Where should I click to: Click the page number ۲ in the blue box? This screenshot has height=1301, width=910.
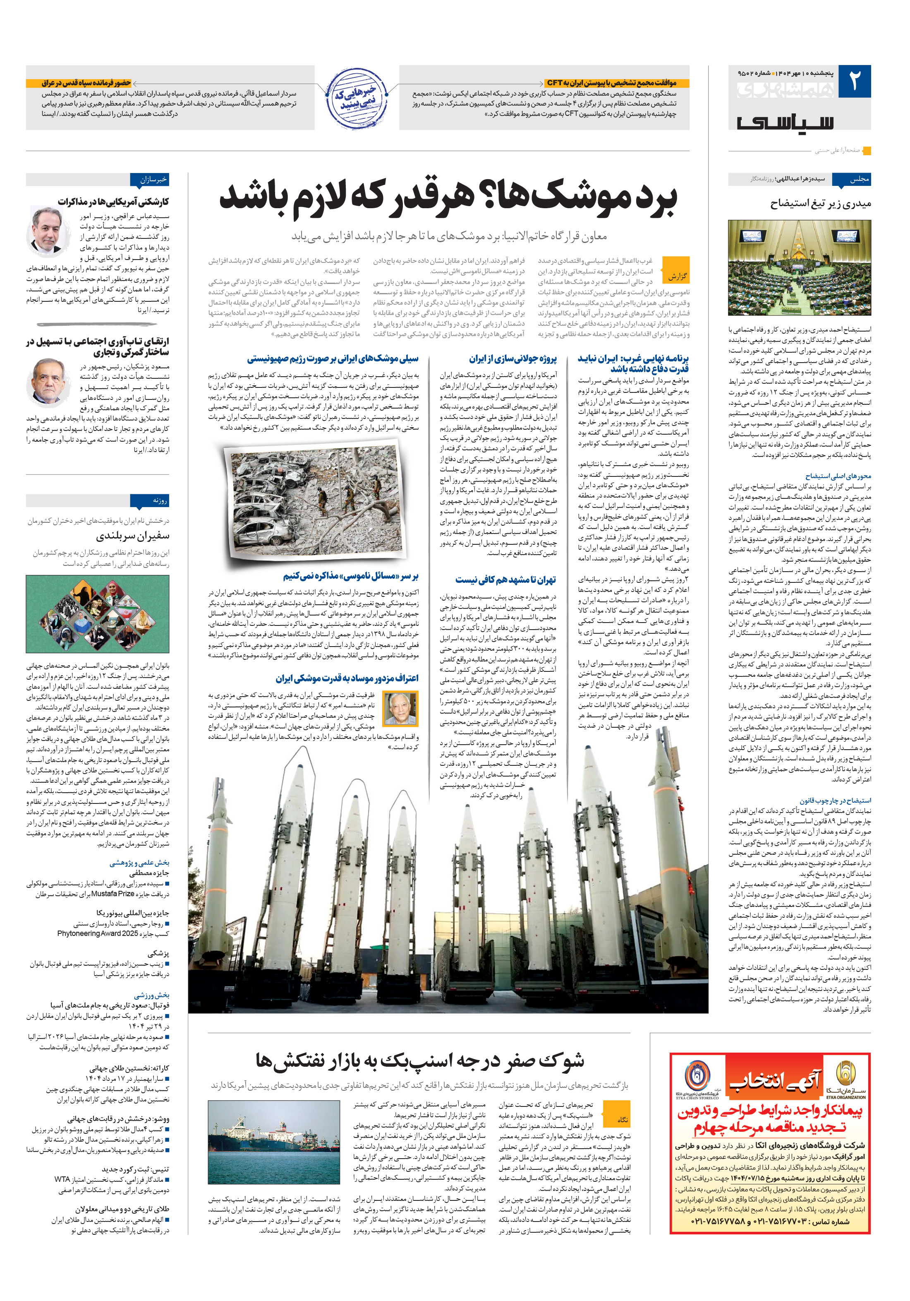coord(854,82)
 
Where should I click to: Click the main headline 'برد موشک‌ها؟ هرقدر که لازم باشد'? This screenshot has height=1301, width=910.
coord(448,199)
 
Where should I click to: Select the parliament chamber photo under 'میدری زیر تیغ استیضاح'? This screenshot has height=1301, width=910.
coord(799,267)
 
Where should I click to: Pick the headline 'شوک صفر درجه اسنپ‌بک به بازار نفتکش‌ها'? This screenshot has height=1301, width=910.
coord(419,1060)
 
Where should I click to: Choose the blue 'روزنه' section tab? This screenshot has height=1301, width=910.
coord(151,500)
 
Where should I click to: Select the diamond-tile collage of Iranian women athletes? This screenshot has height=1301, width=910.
coord(97,614)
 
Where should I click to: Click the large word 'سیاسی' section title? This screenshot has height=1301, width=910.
coord(785,121)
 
